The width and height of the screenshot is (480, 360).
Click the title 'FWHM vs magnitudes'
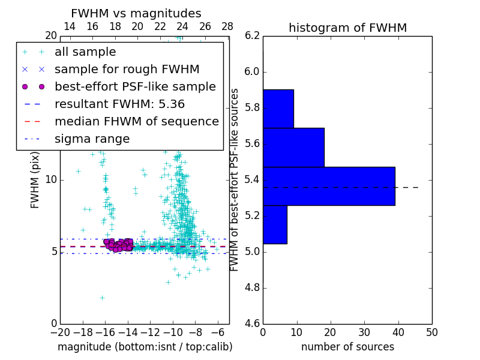(136, 14)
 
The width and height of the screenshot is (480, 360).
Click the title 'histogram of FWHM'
(347, 28)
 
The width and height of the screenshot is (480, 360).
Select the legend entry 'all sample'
(85, 52)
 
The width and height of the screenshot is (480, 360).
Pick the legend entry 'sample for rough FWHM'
(127, 70)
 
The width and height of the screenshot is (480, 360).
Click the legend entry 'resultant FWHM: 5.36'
(119, 104)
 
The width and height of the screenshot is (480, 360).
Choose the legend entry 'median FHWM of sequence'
(136, 122)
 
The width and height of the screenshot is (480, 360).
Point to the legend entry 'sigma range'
(92, 139)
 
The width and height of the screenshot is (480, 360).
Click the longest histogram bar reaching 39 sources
(329, 186)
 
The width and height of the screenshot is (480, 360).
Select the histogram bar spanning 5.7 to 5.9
(278, 109)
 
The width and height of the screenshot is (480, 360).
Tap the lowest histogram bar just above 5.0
(275, 224)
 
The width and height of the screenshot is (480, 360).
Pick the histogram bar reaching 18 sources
(293, 147)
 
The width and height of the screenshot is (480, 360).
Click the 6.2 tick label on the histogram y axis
(252, 36)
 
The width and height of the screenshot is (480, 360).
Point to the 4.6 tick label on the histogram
(252, 323)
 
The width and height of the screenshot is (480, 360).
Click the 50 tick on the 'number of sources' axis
(431, 332)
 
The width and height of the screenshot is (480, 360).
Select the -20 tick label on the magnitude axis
(60, 332)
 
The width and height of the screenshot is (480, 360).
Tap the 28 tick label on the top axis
(227, 26)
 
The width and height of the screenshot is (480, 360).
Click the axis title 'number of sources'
(347, 347)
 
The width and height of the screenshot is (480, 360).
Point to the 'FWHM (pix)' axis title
(35, 179)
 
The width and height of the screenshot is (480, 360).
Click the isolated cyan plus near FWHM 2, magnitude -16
(102, 298)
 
